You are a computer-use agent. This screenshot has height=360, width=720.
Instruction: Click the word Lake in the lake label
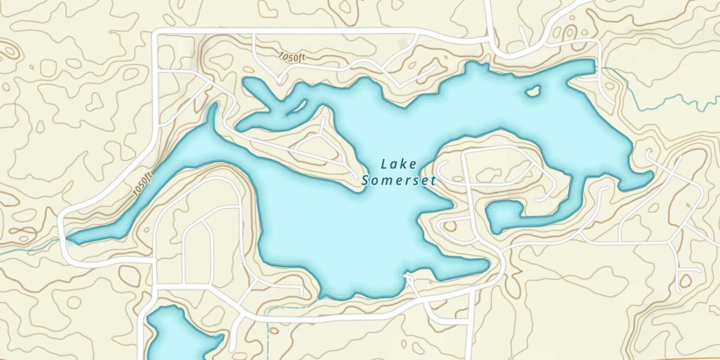[x=398, y=164]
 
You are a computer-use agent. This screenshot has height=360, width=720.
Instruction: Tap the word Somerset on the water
[x=398, y=181]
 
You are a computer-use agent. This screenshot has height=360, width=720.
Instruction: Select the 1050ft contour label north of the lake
[x=292, y=57]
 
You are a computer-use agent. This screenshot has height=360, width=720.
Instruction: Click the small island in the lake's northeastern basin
[x=533, y=90]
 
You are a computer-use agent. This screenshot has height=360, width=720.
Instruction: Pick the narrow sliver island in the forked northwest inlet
[x=298, y=106]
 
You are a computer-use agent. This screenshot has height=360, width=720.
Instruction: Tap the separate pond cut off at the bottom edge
[x=180, y=336]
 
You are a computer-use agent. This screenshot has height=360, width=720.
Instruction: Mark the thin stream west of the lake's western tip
[x=29, y=247]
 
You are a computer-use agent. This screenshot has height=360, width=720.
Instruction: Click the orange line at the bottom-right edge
[x=672, y=358]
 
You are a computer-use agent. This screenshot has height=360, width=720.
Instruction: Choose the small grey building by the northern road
[x=403, y=44]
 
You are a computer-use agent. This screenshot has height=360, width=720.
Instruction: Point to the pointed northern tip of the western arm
[x=212, y=106]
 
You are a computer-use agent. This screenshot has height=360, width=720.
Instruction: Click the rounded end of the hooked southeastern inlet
[x=499, y=214]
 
